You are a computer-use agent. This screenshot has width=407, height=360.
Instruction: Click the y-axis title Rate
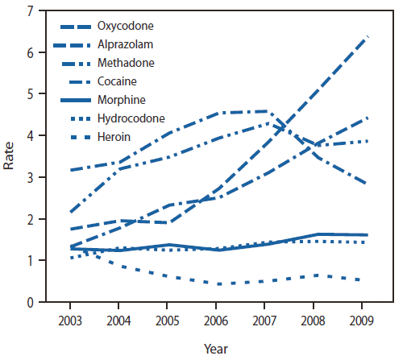tap(10, 157)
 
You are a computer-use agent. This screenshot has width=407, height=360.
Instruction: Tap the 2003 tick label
tap(70, 321)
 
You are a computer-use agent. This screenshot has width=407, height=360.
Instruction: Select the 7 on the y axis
tap(30, 12)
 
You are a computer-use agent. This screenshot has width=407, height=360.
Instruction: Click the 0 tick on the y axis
tap(30, 303)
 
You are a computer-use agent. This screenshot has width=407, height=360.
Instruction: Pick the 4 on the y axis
tap(30, 136)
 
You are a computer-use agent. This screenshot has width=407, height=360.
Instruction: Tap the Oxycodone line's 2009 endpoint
tap(368, 37)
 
